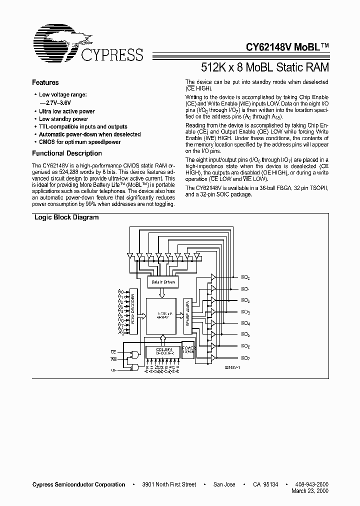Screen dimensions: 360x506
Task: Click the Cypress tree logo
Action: click(62, 40)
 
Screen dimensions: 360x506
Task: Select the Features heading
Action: click(45, 82)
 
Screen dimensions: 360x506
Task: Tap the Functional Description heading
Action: click(67, 153)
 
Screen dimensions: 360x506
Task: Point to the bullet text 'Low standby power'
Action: click(63, 119)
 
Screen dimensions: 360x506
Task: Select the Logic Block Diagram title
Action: click(66, 217)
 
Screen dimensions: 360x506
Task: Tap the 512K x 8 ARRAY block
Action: click(161, 316)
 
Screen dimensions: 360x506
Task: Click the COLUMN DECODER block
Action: click(161, 351)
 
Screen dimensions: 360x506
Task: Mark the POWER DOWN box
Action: click(188, 349)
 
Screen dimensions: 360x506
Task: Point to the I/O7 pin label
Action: click(245, 357)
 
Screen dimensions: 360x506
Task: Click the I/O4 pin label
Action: click(245, 323)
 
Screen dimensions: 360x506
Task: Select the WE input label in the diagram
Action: click(113, 359)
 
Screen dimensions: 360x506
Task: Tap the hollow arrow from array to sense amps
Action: click(179, 315)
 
